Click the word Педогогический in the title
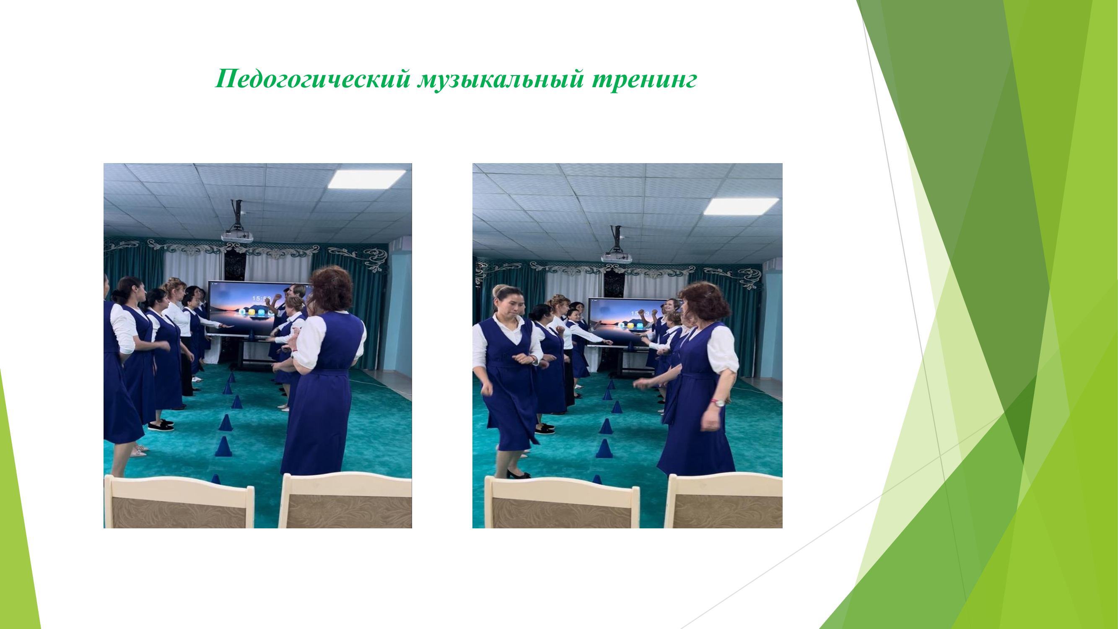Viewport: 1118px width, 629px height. (x=313, y=79)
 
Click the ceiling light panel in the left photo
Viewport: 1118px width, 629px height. (x=367, y=179)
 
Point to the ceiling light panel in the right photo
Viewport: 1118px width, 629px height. (x=741, y=206)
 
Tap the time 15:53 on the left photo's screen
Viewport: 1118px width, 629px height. (x=261, y=299)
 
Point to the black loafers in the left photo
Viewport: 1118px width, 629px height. (x=161, y=425)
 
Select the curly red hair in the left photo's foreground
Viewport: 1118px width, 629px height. (x=331, y=289)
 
